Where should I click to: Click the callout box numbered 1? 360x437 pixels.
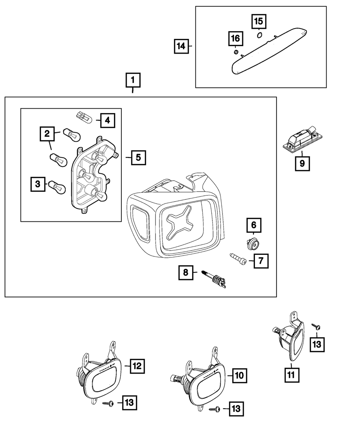[x=133, y=81]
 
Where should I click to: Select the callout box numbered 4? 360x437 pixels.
[x=107, y=120]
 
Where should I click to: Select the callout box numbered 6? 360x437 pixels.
[x=254, y=225]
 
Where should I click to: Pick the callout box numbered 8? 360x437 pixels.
[x=186, y=272]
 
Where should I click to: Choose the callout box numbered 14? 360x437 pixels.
[x=182, y=46]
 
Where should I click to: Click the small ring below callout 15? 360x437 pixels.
[x=259, y=35]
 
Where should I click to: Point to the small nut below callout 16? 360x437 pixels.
[x=236, y=53]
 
